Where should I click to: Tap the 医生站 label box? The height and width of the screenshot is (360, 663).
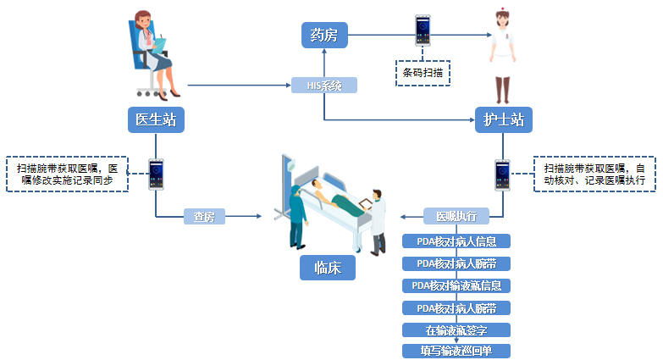156,119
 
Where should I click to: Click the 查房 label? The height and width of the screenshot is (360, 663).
204,217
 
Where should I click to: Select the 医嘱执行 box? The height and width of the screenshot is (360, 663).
456,216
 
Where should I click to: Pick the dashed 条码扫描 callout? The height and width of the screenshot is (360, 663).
423,72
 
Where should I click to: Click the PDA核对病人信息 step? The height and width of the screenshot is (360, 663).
456,241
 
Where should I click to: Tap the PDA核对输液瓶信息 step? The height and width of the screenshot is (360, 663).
456,285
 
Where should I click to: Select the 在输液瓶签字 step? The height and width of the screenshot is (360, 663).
456,329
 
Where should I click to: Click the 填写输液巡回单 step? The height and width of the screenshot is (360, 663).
456,350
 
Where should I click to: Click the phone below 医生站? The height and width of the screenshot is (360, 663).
156,174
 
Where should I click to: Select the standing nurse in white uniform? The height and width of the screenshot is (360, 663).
502,53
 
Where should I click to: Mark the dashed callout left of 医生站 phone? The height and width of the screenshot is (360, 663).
67,174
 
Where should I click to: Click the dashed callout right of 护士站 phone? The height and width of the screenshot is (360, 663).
594,174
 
